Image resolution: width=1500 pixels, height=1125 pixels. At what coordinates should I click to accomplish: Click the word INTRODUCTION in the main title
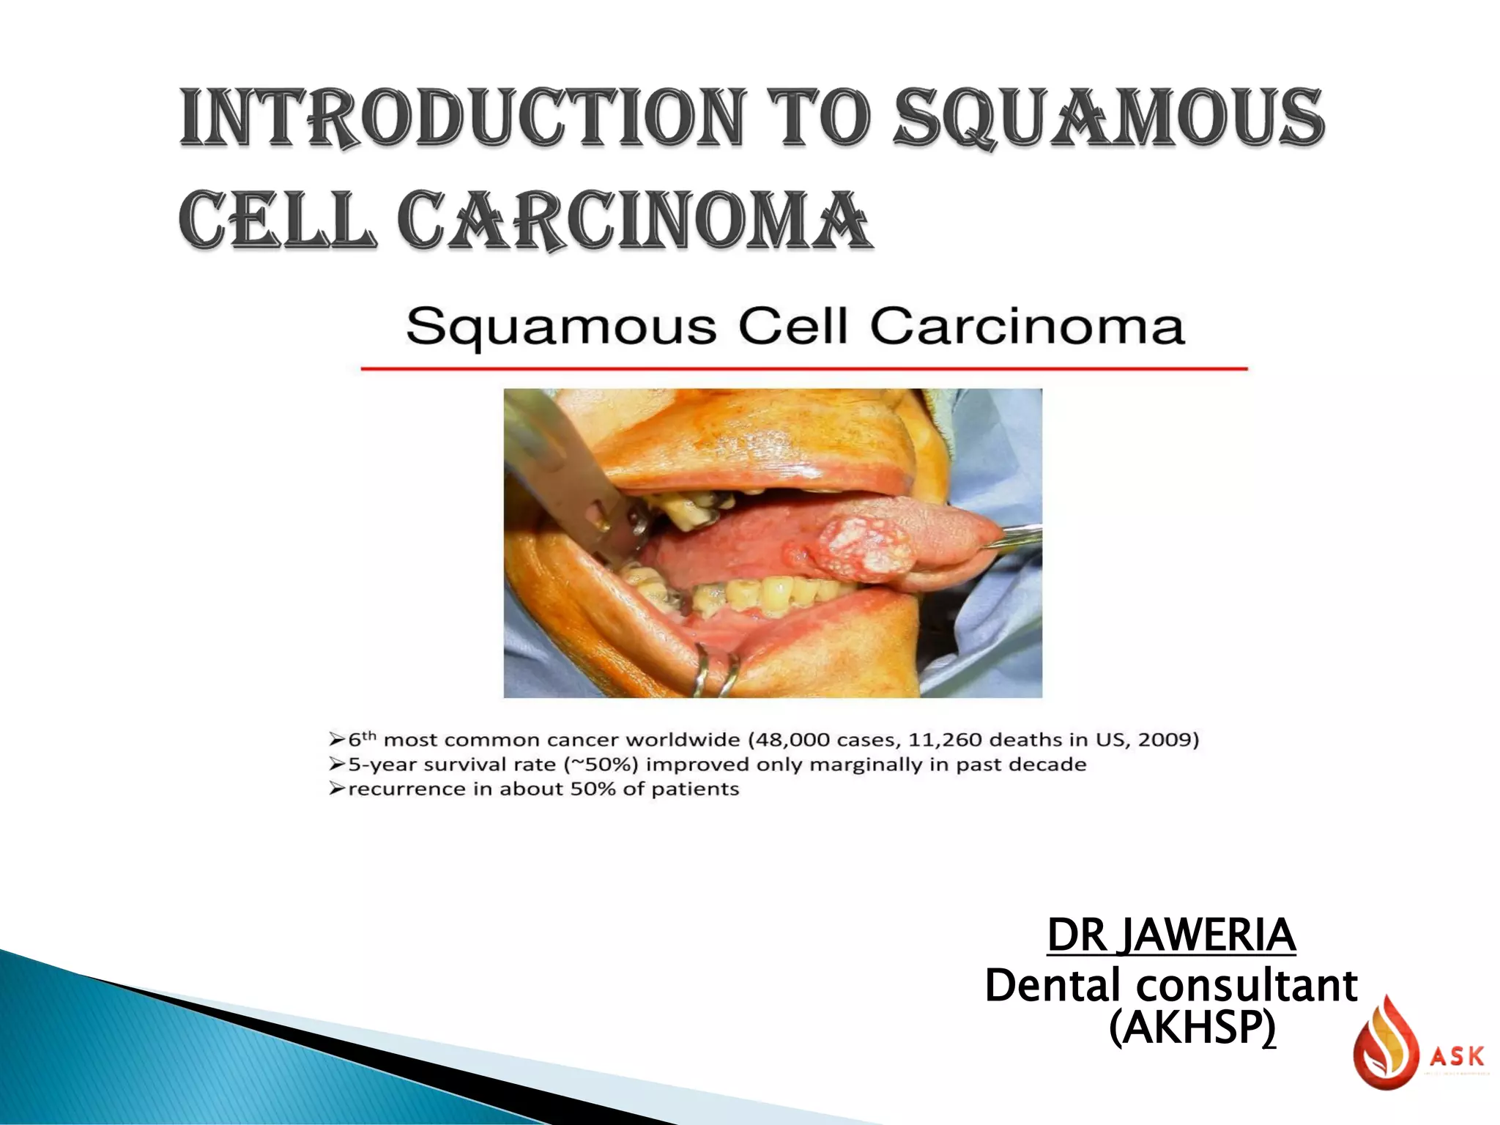pyautogui.click(x=462, y=118)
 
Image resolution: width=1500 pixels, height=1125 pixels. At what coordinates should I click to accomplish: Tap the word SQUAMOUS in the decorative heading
pyautogui.click(x=1110, y=118)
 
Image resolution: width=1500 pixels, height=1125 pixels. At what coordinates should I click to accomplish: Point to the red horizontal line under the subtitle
pyautogui.click(x=803, y=368)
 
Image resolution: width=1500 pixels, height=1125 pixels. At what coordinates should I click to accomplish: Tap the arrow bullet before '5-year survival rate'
pyautogui.click(x=336, y=765)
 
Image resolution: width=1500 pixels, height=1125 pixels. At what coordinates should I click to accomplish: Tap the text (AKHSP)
pyautogui.click(x=1192, y=1028)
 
